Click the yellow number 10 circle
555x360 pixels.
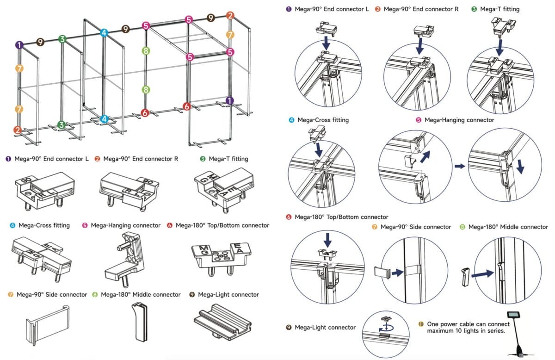click(420, 324)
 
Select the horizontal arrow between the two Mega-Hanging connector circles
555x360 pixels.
click(459, 166)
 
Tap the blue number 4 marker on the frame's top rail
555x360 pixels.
click(104, 33)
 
